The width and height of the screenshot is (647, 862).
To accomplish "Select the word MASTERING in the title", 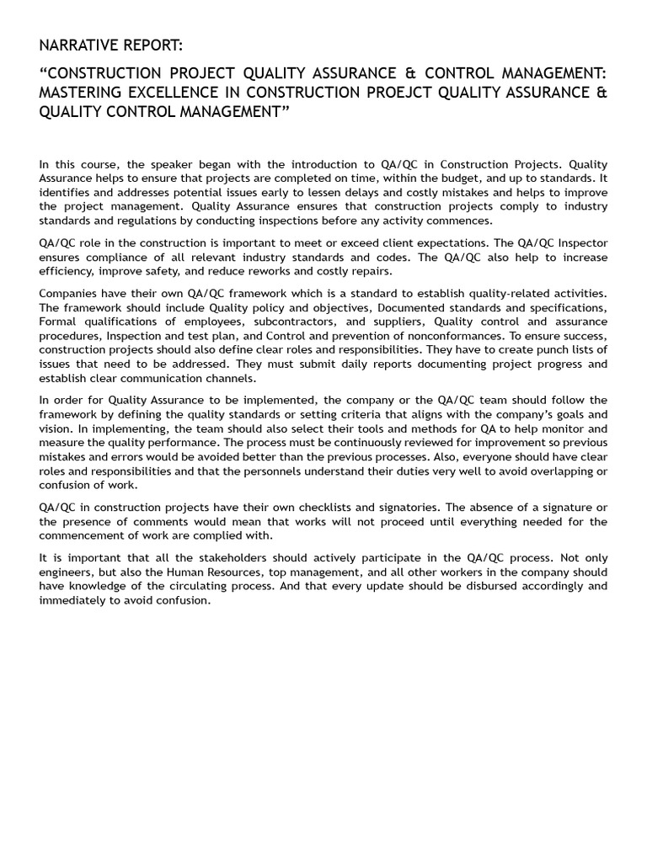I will (83, 92).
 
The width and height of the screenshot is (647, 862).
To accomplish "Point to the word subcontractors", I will (291, 321).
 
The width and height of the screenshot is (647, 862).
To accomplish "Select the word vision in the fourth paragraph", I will (56, 428).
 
